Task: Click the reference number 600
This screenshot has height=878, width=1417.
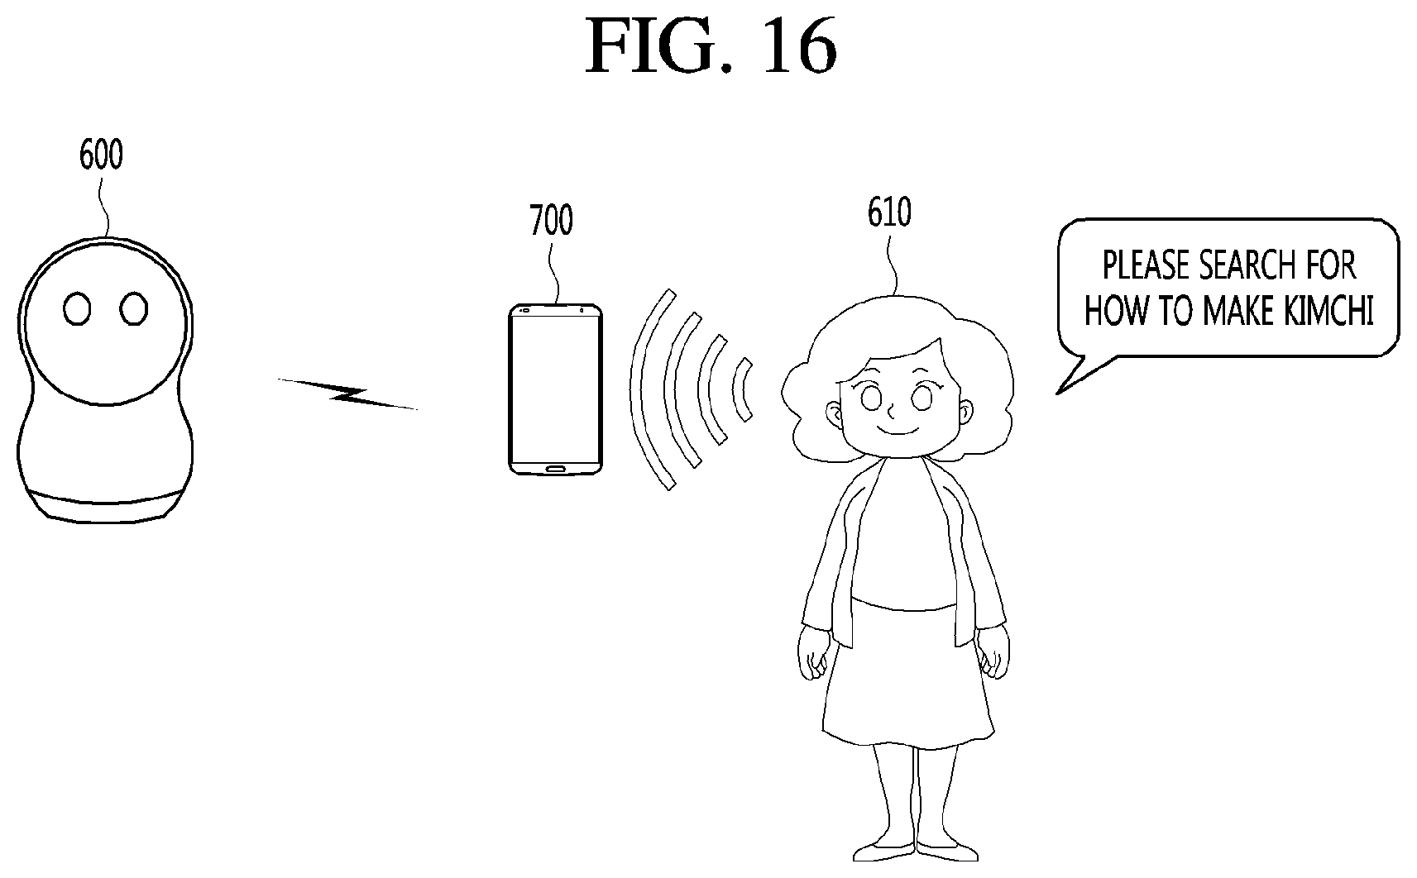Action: [x=101, y=155]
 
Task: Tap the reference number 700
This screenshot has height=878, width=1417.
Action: [x=551, y=220]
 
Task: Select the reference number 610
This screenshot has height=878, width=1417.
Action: [x=889, y=212]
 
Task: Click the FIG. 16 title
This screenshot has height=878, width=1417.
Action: [x=711, y=45]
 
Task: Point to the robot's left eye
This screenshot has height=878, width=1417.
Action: [x=77, y=309]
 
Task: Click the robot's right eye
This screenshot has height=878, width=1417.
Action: [x=133, y=309]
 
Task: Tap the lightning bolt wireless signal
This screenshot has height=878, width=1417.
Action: [x=347, y=394]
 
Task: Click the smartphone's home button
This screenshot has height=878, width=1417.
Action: [x=555, y=469]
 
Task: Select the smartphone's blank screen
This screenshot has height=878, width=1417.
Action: [x=555, y=389]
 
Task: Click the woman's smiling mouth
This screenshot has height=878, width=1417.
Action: [x=898, y=432]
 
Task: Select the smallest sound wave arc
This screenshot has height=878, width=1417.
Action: [x=741, y=390]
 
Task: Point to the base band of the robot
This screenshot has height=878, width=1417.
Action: [x=105, y=508]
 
